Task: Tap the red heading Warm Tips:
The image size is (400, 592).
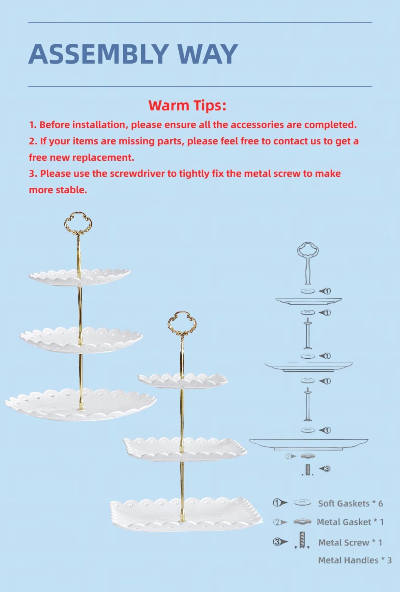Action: [x=187, y=106]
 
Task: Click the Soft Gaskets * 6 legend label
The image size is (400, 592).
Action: [x=350, y=504]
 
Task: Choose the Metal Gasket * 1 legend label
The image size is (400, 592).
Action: [x=350, y=522]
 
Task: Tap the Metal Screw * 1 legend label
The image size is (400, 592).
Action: [x=350, y=543]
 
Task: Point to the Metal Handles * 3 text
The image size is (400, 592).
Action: [x=355, y=560]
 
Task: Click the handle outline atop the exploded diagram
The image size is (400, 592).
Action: [x=307, y=260]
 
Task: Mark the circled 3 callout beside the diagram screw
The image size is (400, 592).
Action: [x=326, y=468]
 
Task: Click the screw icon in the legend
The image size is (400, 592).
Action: [x=302, y=540]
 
